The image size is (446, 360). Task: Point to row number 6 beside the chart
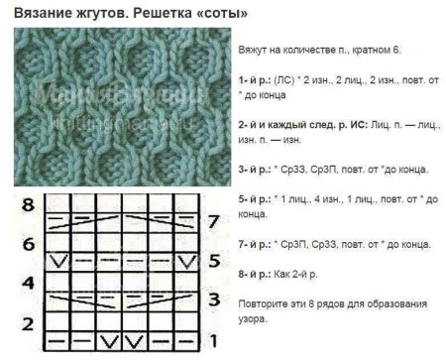click(29, 244)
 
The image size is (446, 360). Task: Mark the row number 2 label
click(29, 323)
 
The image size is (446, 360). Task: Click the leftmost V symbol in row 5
click(59, 261)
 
